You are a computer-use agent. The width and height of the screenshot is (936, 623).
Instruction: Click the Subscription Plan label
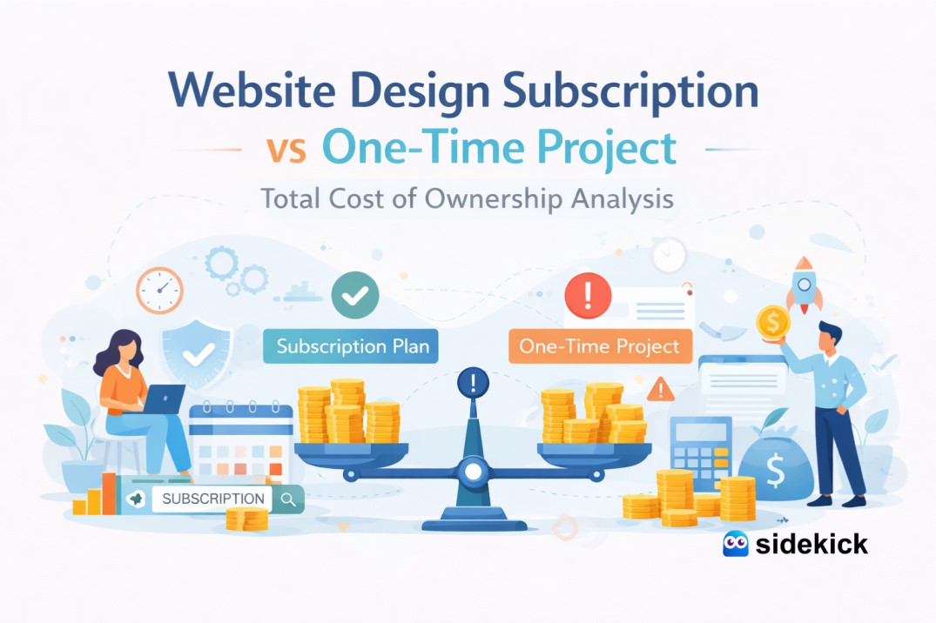click(x=352, y=346)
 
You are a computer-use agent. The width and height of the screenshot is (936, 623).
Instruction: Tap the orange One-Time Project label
click(x=599, y=346)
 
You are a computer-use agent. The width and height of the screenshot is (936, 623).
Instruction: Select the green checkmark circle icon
click(x=355, y=296)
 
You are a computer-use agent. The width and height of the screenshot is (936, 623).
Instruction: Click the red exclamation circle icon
click(x=588, y=296)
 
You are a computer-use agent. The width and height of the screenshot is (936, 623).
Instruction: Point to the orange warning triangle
click(x=660, y=388)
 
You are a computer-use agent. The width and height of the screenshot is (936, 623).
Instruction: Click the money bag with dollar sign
click(x=772, y=471)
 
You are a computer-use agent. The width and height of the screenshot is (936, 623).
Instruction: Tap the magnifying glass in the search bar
click(x=288, y=499)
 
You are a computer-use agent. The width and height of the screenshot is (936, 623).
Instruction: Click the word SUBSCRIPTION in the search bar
click(x=213, y=499)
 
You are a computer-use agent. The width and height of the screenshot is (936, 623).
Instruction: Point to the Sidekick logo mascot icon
click(x=736, y=544)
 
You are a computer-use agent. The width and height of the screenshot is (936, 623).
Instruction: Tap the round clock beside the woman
click(x=159, y=290)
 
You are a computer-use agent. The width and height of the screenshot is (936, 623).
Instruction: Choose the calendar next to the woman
click(x=240, y=443)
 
